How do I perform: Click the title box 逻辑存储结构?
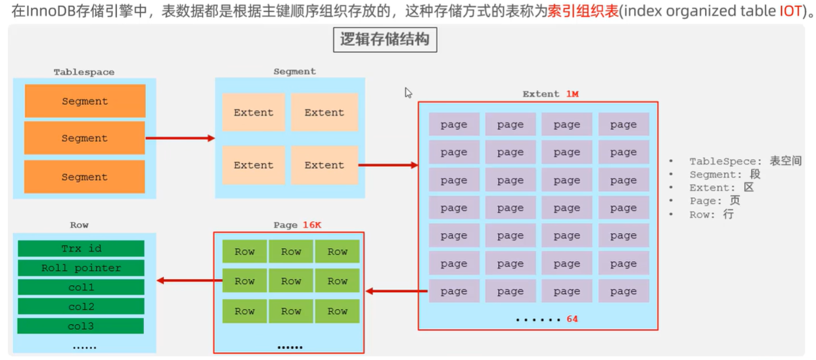(384, 39)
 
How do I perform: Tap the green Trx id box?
(81, 248)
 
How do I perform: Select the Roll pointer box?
(81, 268)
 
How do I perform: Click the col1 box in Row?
(81, 287)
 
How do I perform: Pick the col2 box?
(81, 307)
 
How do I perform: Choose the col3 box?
(81, 326)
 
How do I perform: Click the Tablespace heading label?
(84, 72)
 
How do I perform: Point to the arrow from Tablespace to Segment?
(180, 138)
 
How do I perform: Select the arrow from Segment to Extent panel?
(388, 165)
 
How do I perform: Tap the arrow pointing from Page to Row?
(185, 281)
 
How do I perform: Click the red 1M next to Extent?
(572, 94)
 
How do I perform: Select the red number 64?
(572, 319)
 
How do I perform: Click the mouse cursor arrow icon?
(408, 93)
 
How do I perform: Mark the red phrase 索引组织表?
(583, 12)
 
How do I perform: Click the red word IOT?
(789, 12)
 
